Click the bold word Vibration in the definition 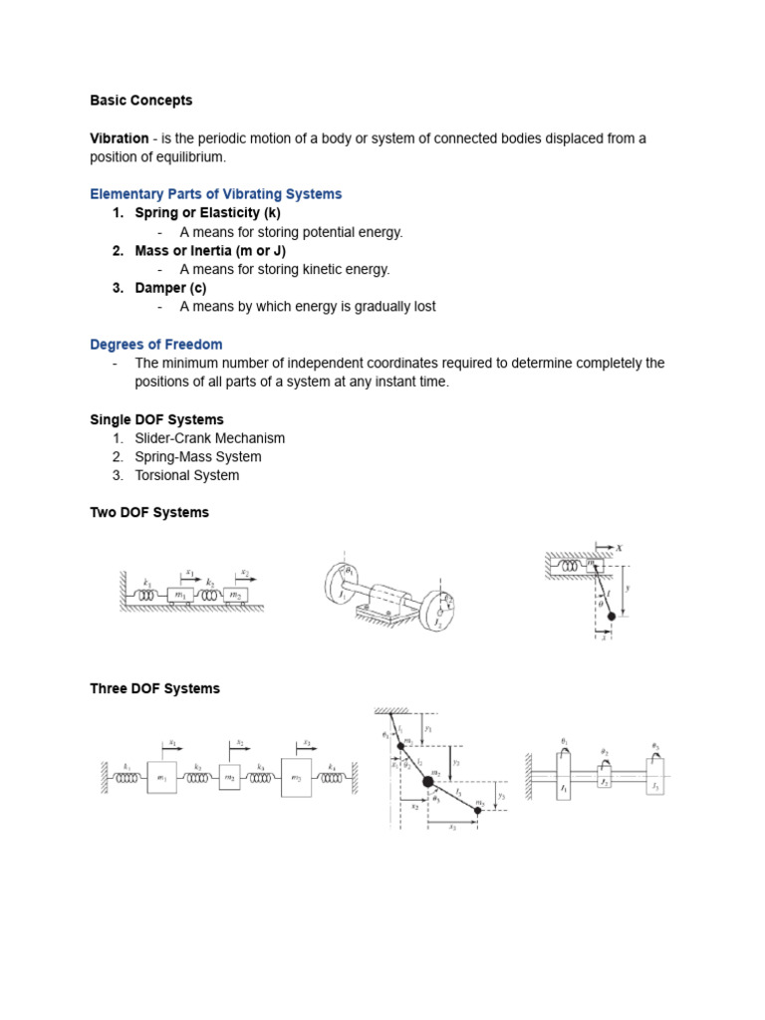point(120,138)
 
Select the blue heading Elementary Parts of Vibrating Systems point(215,194)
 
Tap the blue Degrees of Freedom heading point(155,345)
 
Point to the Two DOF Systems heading point(149,513)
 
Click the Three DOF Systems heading point(154,688)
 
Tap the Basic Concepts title point(141,101)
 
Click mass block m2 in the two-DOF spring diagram point(237,595)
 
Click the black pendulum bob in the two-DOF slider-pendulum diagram point(611,617)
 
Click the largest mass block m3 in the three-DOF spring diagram point(296,777)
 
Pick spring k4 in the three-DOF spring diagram point(332,777)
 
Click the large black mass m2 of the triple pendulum point(428,782)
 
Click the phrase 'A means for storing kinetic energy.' point(284,269)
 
